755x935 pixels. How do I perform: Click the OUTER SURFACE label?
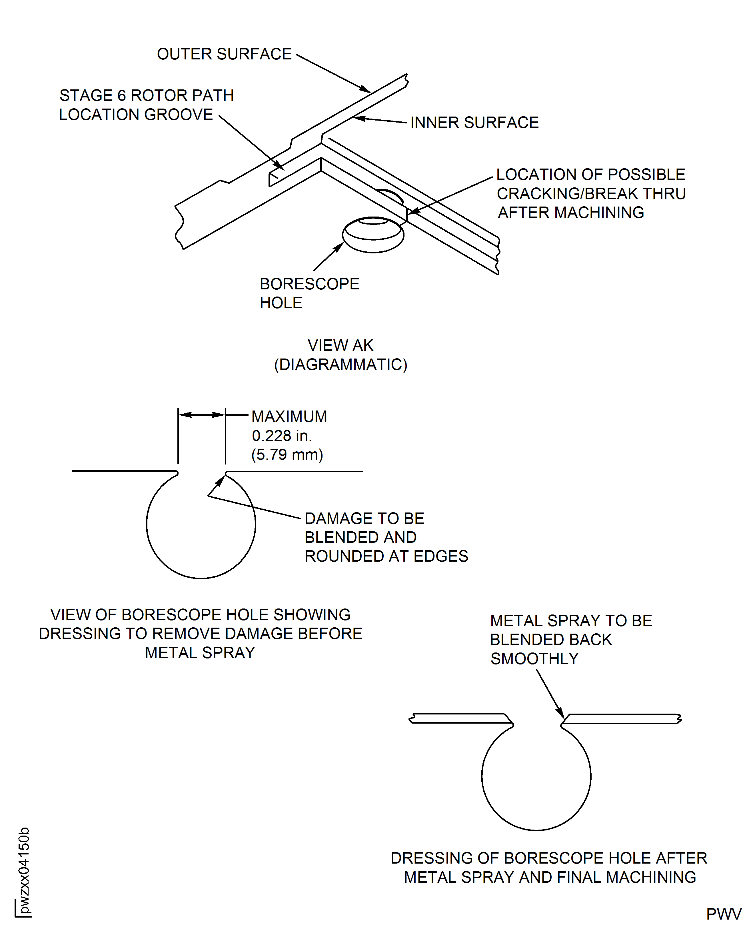[x=224, y=54]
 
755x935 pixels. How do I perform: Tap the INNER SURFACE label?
[x=474, y=123]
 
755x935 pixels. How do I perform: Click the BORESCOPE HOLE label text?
[x=309, y=293]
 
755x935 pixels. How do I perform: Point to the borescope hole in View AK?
[x=373, y=235]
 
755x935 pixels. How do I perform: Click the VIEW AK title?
[x=340, y=345]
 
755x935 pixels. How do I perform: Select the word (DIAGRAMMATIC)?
[x=341, y=365]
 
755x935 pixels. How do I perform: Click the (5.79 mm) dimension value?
[x=287, y=455]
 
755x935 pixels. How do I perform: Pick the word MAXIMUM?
[x=289, y=417]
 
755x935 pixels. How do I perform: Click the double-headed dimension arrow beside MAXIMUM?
[x=201, y=415]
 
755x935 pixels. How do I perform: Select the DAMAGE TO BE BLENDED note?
[x=386, y=537]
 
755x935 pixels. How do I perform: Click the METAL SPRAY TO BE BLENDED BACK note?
[x=570, y=639]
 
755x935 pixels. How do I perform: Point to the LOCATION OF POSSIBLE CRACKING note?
[x=591, y=193]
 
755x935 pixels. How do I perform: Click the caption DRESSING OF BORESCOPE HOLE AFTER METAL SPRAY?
[x=549, y=868]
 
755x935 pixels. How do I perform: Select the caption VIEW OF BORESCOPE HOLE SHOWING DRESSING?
[x=201, y=633]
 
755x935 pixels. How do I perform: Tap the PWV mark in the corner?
[x=723, y=914]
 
